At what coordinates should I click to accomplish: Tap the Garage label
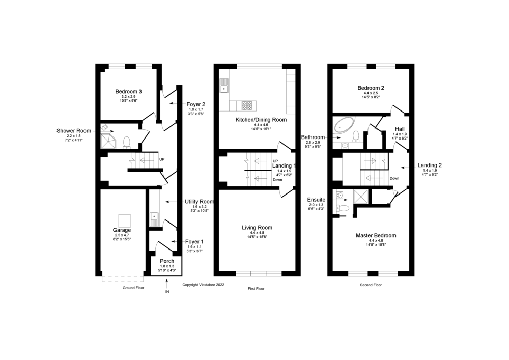point(122,230)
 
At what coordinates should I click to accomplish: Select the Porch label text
point(167,261)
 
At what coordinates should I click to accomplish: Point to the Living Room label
point(257,228)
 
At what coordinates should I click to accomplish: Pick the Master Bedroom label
point(376,235)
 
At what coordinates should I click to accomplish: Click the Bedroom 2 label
point(371,88)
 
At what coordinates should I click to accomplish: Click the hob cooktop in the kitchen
point(247,105)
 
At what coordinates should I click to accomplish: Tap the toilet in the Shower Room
point(127,141)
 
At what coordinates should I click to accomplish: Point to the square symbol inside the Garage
point(124,220)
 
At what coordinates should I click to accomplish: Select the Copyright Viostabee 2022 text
point(204,285)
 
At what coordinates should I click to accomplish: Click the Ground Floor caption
point(133,288)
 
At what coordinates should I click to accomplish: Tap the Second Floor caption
point(371,285)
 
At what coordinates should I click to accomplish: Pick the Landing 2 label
point(430,165)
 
